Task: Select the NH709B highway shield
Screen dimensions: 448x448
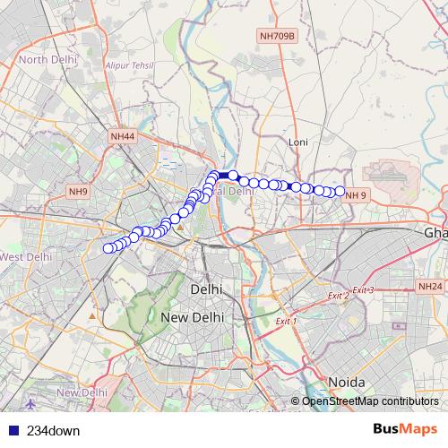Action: click(x=277, y=36)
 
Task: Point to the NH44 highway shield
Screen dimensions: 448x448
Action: click(x=123, y=136)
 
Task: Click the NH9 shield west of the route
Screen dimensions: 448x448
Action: click(x=77, y=191)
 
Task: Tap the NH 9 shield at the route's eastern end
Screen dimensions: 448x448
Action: click(x=357, y=195)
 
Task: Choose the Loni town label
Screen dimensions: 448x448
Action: click(x=297, y=142)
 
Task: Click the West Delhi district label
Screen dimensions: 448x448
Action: click(x=23, y=257)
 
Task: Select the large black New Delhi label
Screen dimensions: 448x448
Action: click(x=192, y=318)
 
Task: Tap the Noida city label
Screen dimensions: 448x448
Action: click(x=346, y=382)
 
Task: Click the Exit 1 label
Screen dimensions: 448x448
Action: click(x=286, y=320)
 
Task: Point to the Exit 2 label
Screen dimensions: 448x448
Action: click(x=338, y=296)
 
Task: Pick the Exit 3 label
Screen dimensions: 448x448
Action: click(x=362, y=290)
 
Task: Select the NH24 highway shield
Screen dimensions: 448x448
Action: click(x=430, y=287)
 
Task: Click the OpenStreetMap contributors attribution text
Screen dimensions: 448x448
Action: click(x=369, y=401)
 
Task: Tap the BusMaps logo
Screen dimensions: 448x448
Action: click(x=404, y=430)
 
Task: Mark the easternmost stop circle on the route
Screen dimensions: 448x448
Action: click(x=340, y=190)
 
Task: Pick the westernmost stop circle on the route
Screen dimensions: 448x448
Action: click(x=108, y=248)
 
